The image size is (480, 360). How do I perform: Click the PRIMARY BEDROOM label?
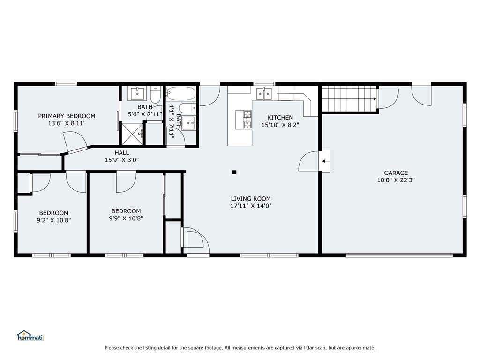pyautogui.click(x=67, y=116)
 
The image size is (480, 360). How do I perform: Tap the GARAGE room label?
pyautogui.click(x=396, y=173)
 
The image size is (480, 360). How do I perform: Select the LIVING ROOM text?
pyautogui.click(x=251, y=199)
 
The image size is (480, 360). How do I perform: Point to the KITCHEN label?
pyautogui.click(x=280, y=118)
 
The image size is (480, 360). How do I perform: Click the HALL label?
pyautogui.click(x=122, y=153)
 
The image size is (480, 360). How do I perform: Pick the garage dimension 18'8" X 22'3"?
pyautogui.click(x=396, y=180)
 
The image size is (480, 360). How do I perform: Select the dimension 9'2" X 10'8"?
pyautogui.click(x=54, y=220)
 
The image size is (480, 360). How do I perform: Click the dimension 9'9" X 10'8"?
pyautogui.click(x=126, y=218)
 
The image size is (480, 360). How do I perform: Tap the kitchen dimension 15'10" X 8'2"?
pyautogui.click(x=280, y=125)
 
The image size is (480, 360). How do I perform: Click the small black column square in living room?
pyautogui.click(x=234, y=172)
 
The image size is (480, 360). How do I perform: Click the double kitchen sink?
pyautogui.click(x=264, y=93)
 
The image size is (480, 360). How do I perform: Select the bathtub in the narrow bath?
pyautogui.click(x=180, y=94)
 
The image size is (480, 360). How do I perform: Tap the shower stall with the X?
pyautogui.click(x=132, y=134)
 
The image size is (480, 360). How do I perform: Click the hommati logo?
pyautogui.click(x=31, y=336)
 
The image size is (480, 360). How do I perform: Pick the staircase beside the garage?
pyautogui.click(x=349, y=99)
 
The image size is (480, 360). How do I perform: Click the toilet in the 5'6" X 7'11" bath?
pyautogui.click(x=156, y=95)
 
